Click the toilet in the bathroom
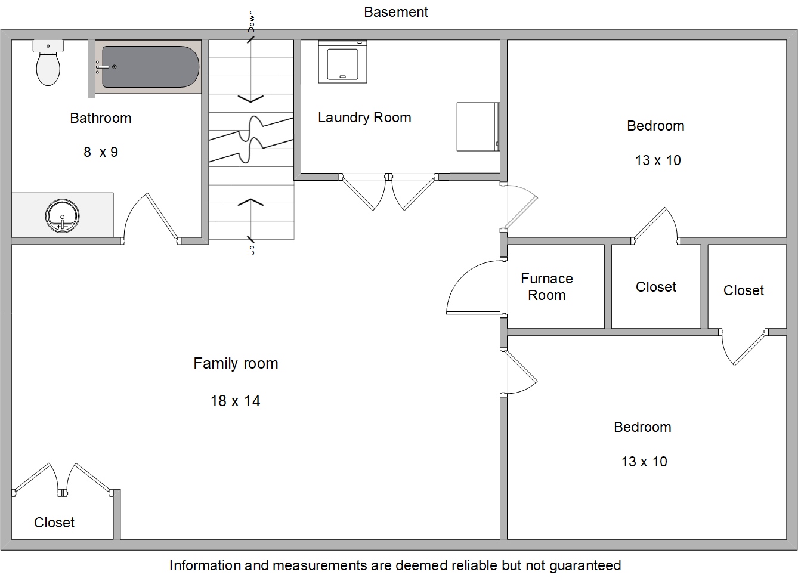48,63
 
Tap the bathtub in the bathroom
148,67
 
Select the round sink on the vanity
63,216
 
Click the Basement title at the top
396,12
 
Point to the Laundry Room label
364,118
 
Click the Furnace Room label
547,287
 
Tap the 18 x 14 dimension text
236,401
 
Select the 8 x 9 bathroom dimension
101,152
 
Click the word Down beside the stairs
251,21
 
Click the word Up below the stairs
251,251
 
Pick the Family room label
236,364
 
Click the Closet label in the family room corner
54,523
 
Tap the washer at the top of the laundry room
343,61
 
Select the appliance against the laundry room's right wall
478,127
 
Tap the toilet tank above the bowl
48,45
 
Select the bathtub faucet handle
103,67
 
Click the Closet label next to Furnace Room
656,287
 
